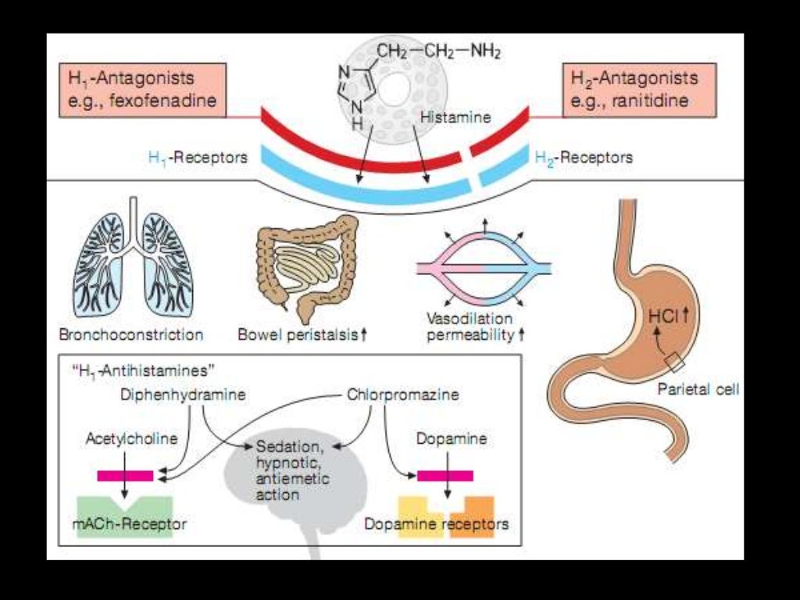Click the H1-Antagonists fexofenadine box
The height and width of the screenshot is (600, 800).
pyautogui.click(x=142, y=91)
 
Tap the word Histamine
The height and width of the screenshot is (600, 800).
pyautogui.click(x=455, y=118)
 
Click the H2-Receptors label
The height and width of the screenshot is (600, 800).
pyautogui.click(x=584, y=157)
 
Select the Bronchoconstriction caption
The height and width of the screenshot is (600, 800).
pyautogui.click(x=131, y=335)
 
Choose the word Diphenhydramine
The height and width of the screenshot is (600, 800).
pyautogui.click(x=183, y=395)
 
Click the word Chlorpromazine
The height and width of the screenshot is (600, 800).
pyautogui.click(x=402, y=395)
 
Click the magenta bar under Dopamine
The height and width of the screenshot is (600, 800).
pyautogui.click(x=445, y=474)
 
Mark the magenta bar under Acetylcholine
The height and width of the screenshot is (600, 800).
pyautogui.click(x=125, y=474)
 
